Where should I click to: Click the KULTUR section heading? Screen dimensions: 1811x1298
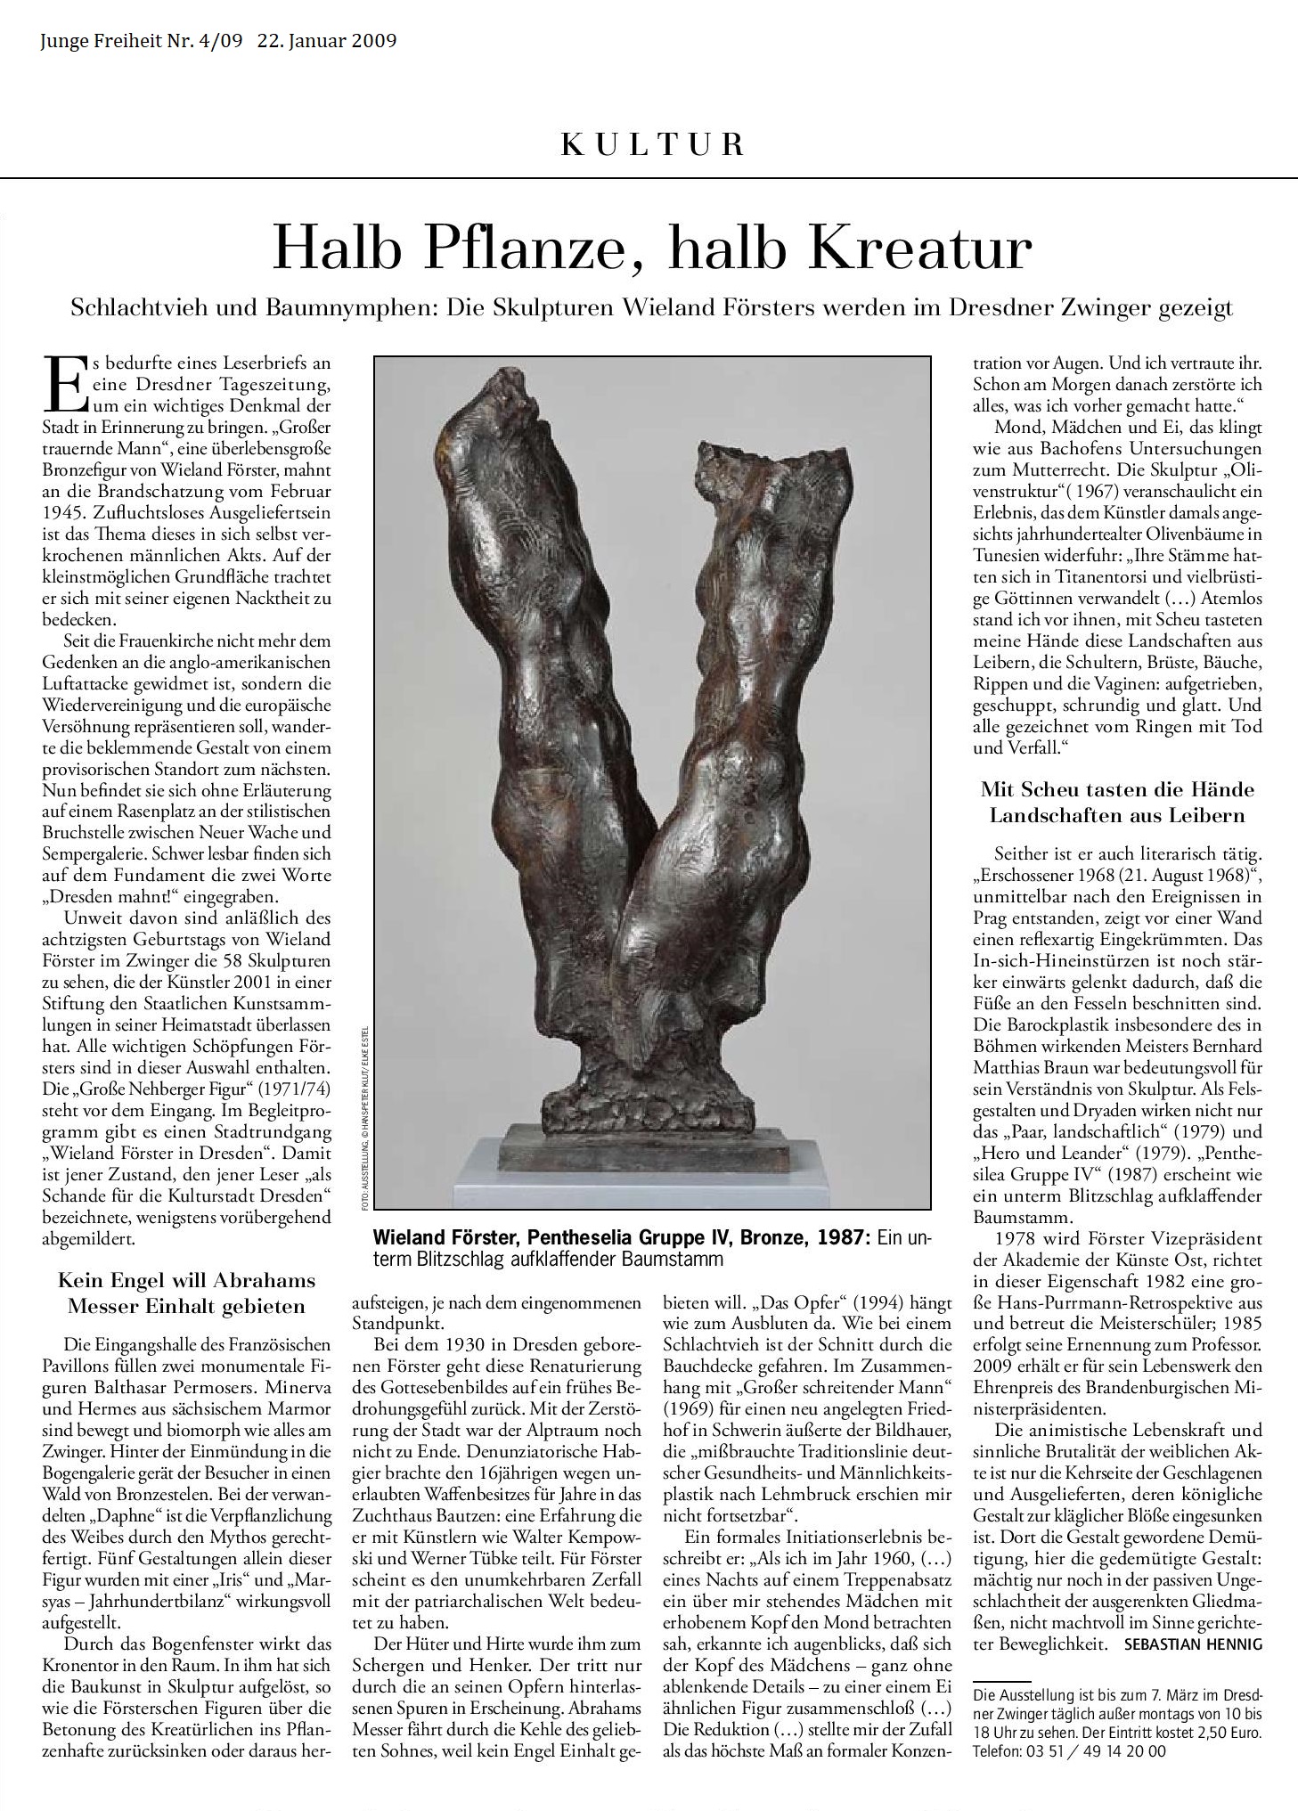point(651,144)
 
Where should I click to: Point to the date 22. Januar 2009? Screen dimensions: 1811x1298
point(327,41)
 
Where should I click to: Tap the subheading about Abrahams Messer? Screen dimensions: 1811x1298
point(187,1293)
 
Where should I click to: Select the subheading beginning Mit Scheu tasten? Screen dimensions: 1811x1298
point(1117,802)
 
